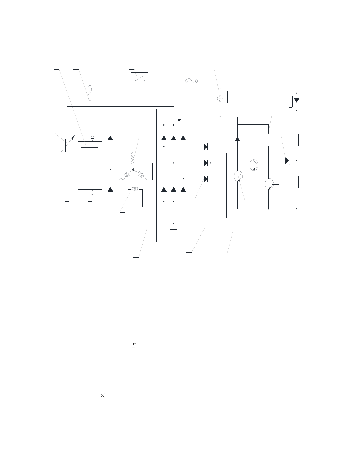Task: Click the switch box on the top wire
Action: point(139,79)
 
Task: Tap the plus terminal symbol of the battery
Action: point(92,138)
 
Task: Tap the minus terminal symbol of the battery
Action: point(92,193)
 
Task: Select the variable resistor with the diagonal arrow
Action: point(67,146)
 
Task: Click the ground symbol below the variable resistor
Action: point(67,201)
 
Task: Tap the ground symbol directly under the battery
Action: point(90,201)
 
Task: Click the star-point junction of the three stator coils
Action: point(133,170)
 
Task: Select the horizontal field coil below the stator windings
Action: point(135,190)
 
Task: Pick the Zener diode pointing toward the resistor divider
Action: point(287,161)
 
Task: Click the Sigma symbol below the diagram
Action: point(134,346)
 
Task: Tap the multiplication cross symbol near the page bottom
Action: point(103,396)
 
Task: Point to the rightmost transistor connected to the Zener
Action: point(269,184)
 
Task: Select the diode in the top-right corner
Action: point(297,100)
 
